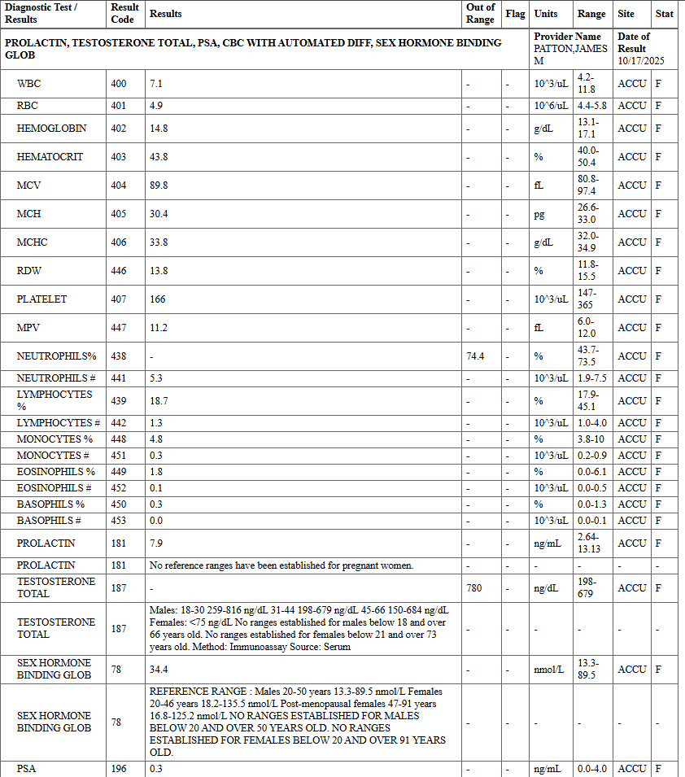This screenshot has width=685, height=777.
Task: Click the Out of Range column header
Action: pos(480,14)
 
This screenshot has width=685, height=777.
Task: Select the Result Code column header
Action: pos(124,14)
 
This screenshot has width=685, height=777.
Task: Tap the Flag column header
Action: pos(515,14)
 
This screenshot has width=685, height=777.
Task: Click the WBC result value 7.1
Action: pos(156,84)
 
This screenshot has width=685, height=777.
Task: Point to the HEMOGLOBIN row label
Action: pos(51,129)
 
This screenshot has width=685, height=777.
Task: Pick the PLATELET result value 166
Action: pos(157,299)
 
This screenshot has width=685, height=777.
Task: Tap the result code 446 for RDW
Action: pos(119,271)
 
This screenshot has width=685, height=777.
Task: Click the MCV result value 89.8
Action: pos(159,186)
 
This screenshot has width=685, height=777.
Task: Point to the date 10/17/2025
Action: pos(641,61)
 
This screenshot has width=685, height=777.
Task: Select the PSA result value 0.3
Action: pos(156,769)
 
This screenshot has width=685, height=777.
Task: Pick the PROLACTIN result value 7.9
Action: pos(156,543)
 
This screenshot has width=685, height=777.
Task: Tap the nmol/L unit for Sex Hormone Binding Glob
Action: pos(548,670)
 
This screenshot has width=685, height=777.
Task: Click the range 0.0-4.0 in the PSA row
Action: pos(591,769)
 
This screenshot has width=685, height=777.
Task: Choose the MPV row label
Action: pos(28,328)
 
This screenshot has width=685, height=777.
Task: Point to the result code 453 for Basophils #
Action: pos(119,521)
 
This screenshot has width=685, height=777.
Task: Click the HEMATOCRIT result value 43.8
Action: pos(159,157)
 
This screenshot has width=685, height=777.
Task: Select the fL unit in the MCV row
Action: pos(539,186)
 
